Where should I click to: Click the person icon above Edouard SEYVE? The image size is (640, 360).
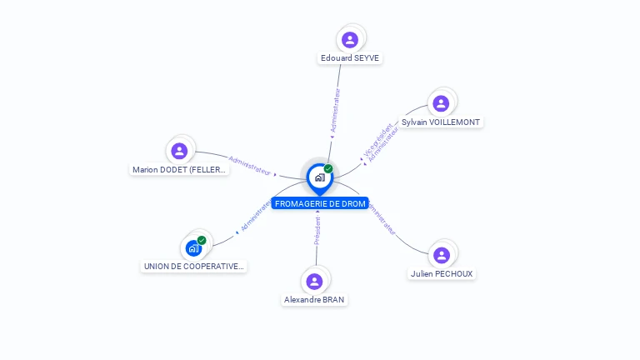[x=350, y=39]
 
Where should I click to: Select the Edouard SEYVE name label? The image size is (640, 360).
[x=351, y=58]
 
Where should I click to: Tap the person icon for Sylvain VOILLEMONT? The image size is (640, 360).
[x=441, y=103]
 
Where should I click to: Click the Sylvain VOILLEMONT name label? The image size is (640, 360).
[x=441, y=122]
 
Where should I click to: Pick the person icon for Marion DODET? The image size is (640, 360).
[x=178, y=151]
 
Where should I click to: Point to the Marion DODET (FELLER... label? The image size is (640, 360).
[x=179, y=169]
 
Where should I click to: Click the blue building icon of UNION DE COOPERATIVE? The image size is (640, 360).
[x=193, y=247]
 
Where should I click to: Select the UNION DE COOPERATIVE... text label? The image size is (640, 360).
[x=194, y=267]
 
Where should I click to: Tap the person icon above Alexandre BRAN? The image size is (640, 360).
[x=314, y=281]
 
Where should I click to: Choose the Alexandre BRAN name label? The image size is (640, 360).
[x=314, y=300]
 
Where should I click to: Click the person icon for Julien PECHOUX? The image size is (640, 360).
[x=442, y=254]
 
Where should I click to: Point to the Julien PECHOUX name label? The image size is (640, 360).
[x=442, y=273]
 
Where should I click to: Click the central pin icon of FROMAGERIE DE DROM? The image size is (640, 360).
[x=319, y=177]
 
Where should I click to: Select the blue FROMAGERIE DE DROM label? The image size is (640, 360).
[x=320, y=203]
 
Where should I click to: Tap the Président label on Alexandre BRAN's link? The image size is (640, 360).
[x=317, y=231]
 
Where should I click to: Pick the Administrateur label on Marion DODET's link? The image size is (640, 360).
[x=250, y=165]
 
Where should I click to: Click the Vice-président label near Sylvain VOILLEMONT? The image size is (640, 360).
[x=376, y=140]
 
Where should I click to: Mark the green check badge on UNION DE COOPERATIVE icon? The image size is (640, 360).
[x=202, y=240]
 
